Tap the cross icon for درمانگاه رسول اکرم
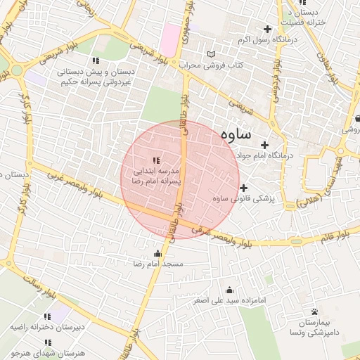tap(266, 29)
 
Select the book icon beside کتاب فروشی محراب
tap(212, 54)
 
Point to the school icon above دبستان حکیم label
tap(96, 60)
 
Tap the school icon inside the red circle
tap(155, 160)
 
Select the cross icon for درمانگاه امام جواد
tap(264, 144)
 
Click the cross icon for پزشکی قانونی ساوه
tap(244, 188)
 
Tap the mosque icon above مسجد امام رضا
tap(157, 254)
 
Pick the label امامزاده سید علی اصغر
tap(229, 300)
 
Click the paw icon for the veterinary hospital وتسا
tap(314, 311)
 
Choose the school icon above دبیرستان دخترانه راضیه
tap(47, 317)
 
